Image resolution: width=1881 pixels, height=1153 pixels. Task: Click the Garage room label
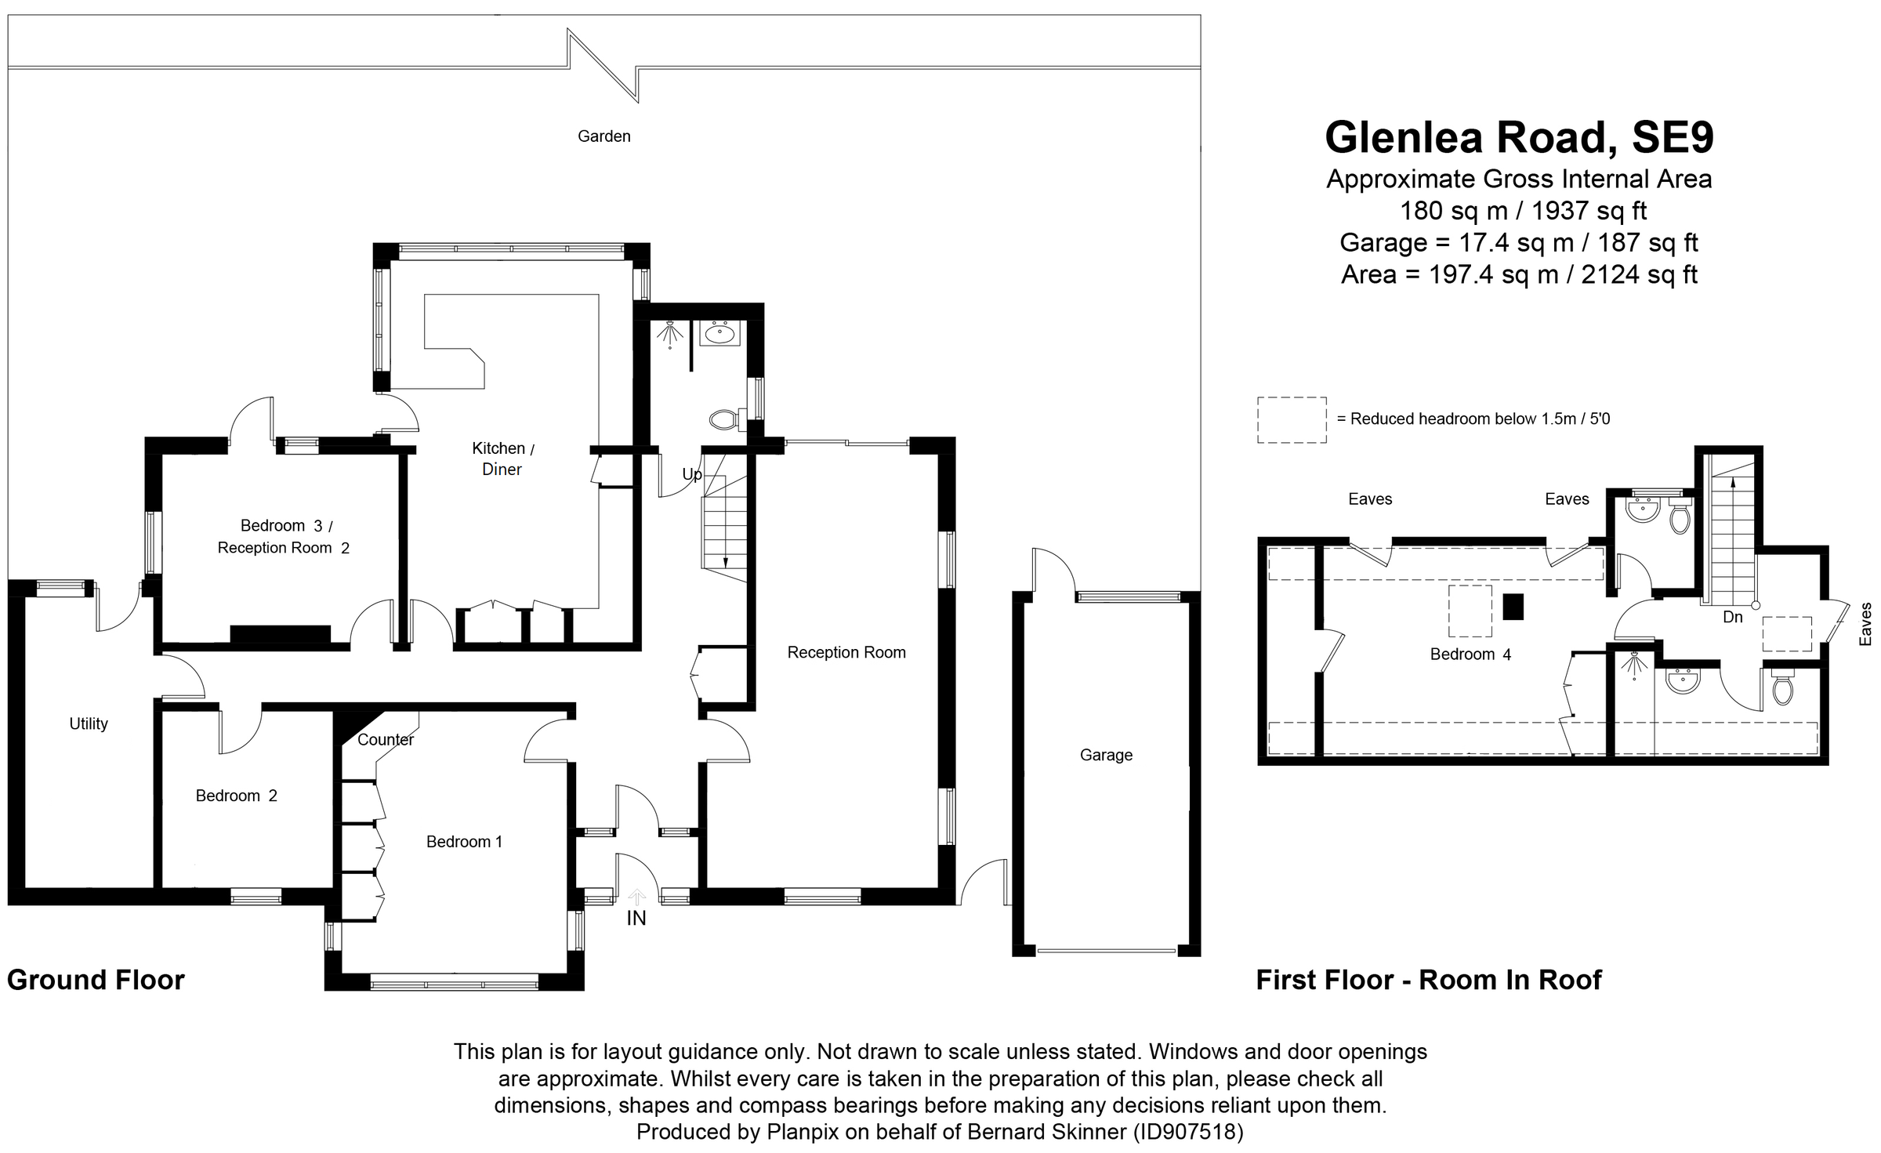[1106, 755]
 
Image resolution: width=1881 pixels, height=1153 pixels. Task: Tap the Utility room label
[89, 723]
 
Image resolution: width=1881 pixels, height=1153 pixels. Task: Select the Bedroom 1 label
[464, 841]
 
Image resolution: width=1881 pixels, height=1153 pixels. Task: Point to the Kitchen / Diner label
[502, 459]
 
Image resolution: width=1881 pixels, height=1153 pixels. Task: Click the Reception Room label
[846, 652]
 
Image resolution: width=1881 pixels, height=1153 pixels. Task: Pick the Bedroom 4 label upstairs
[1470, 654]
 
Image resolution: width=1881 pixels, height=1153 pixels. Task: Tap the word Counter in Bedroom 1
[385, 739]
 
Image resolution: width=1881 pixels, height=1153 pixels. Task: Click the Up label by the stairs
[691, 474]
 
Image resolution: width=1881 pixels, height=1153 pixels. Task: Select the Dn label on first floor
[1733, 617]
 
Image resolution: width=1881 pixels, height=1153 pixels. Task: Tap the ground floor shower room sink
[719, 334]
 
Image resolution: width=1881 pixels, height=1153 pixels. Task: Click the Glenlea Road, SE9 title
[1519, 137]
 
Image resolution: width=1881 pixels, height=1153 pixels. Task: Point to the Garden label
[603, 136]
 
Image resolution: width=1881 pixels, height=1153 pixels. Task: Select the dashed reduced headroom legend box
[1292, 420]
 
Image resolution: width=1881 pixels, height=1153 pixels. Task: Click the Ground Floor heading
[96, 980]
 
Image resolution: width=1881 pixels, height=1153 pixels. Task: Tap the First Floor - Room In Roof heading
[1429, 980]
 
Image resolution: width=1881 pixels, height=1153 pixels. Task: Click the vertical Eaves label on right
[1865, 624]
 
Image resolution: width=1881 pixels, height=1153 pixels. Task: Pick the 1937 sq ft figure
[1589, 211]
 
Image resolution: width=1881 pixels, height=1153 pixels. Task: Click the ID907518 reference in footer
[1186, 1132]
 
